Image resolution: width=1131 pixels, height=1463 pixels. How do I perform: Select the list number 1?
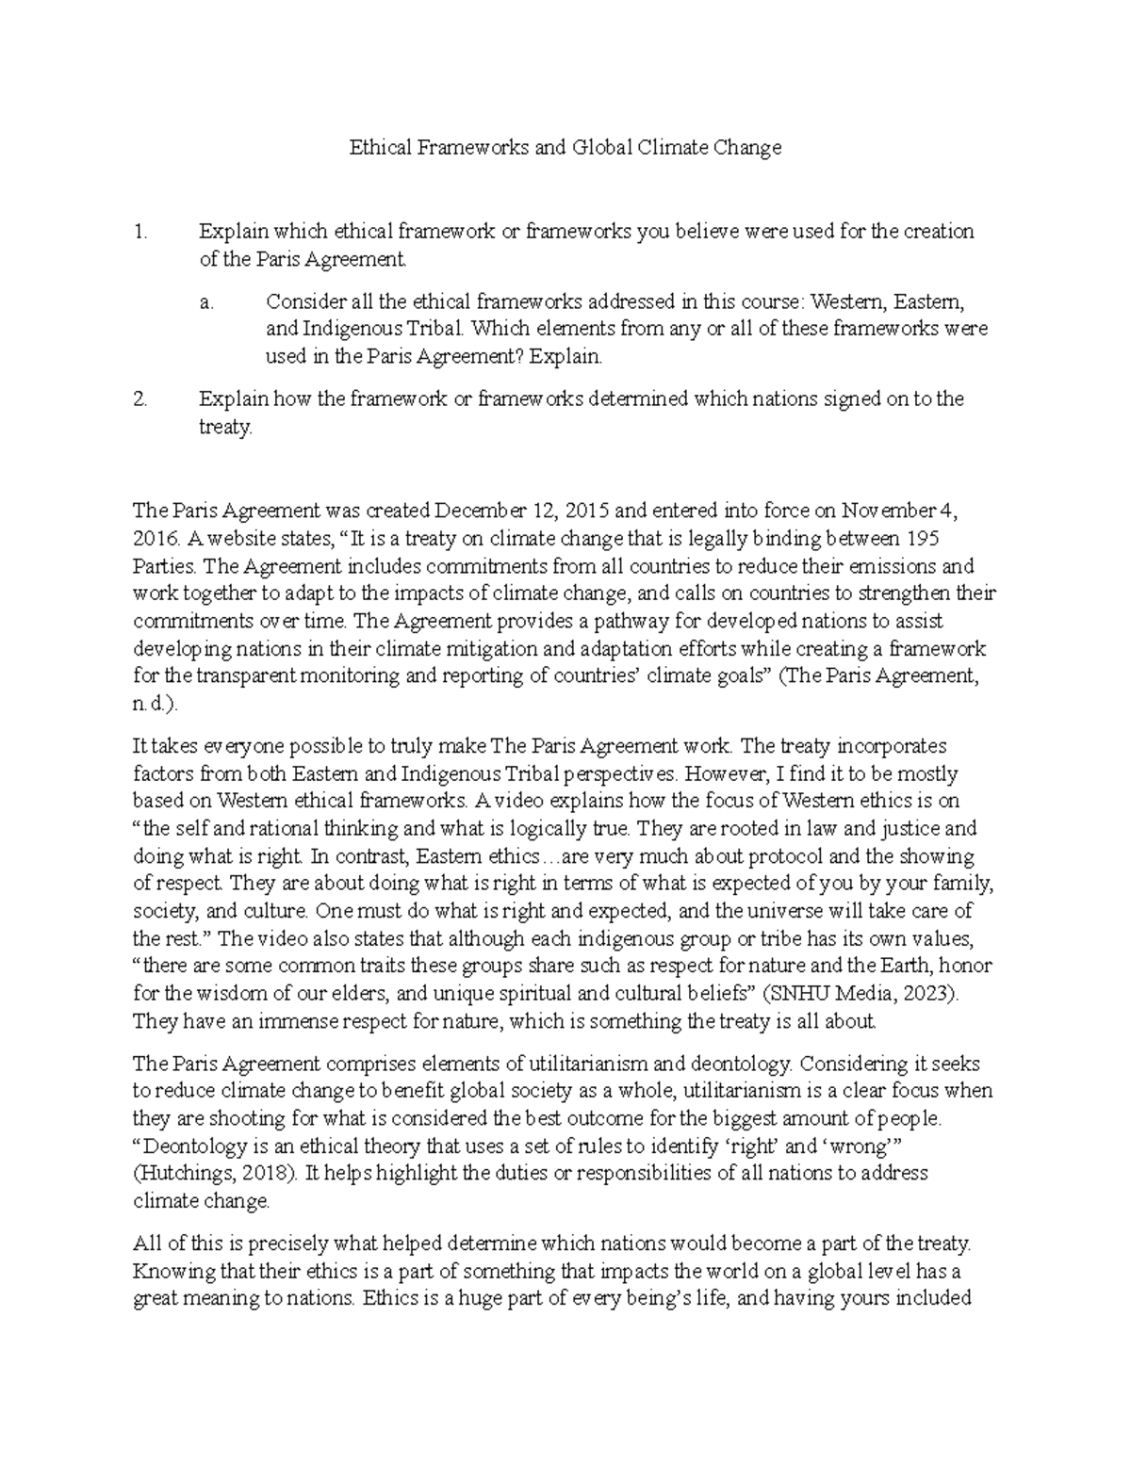[x=140, y=232]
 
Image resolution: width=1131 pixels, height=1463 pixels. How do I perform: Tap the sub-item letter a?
[x=207, y=301]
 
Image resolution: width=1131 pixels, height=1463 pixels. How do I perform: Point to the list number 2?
[x=141, y=398]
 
